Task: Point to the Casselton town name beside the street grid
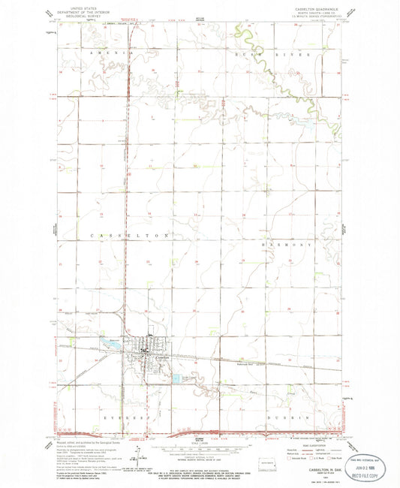(x=155, y=357)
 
